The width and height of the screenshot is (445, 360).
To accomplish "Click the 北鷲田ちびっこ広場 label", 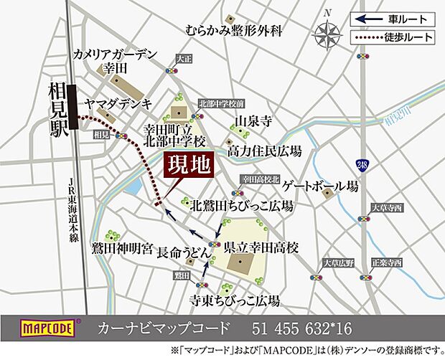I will click(241, 206).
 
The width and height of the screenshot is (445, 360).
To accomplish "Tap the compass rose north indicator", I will click(329, 32).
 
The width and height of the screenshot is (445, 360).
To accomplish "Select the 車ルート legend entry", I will click(393, 19).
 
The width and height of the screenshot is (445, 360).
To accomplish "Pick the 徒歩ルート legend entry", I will click(393, 36).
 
